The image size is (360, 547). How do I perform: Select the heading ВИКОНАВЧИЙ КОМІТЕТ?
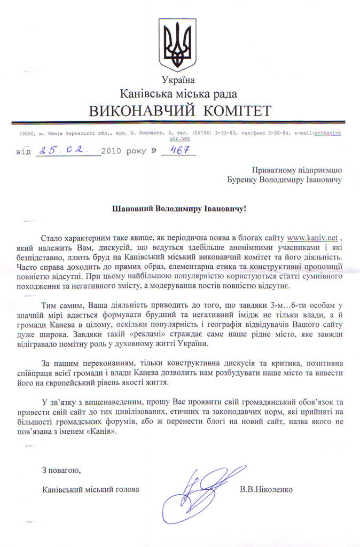point(180,111)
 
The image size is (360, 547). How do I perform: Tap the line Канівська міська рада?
point(180,94)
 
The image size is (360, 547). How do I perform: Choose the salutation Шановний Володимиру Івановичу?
point(181,209)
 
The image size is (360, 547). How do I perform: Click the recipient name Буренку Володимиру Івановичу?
point(283,179)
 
